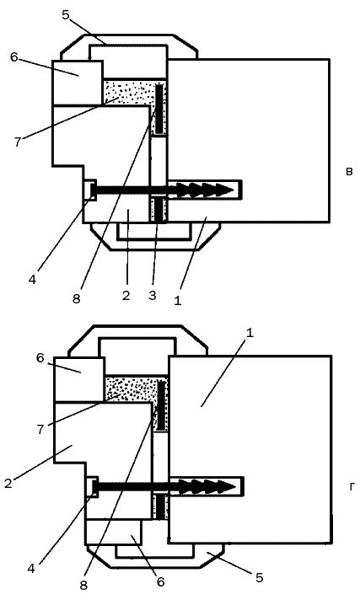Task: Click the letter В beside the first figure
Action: [349, 171]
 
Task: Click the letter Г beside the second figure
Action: [352, 487]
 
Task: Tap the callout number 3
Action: [153, 295]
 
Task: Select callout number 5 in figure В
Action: [66, 15]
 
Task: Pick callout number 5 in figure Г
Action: [260, 577]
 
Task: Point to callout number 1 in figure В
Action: [177, 301]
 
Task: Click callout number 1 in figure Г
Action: [250, 333]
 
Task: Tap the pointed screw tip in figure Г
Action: [234, 487]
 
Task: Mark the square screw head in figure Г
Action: [94, 487]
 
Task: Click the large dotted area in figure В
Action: [128, 92]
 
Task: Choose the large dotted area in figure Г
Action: [130, 388]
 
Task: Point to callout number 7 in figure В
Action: [18, 142]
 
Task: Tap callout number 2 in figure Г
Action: [8, 484]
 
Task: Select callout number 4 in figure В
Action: [32, 280]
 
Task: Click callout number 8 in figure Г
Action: [83, 586]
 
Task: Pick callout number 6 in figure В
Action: [14, 57]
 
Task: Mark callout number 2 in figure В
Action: [126, 296]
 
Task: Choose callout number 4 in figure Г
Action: [31, 569]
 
